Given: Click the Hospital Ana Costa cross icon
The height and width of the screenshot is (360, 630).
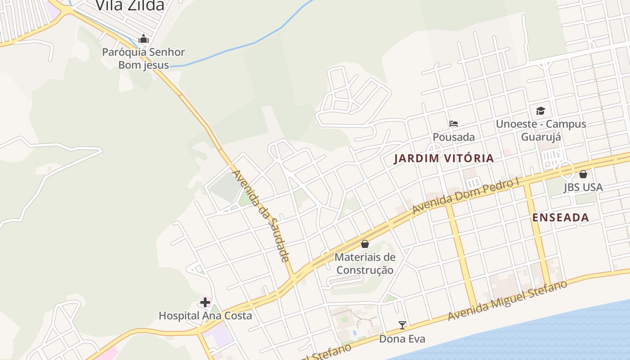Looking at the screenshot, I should (205, 302).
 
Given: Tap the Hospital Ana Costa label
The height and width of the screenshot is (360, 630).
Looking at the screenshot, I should (205, 316).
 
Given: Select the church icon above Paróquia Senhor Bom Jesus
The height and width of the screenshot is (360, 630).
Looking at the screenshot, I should (144, 39).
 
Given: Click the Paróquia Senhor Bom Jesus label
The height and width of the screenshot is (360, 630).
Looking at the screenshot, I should (144, 58).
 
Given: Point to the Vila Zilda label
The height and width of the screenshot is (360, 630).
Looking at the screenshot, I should (130, 6).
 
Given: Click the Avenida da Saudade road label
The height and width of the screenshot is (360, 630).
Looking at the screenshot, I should (261, 216).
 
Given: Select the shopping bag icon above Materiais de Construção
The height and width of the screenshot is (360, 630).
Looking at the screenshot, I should (365, 244).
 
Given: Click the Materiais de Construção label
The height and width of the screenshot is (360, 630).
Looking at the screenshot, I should (365, 264).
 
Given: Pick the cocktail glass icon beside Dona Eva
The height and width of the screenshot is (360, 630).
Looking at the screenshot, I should (402, 325).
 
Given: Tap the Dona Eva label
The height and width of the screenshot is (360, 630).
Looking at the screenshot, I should (402, 339).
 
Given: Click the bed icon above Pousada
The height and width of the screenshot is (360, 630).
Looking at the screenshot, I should (453, 124).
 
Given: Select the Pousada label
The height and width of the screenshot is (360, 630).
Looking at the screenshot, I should (454, 137).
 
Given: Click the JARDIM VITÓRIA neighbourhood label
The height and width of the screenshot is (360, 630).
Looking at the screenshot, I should (444, 158).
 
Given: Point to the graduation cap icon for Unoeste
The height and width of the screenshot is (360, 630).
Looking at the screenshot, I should (540, 111).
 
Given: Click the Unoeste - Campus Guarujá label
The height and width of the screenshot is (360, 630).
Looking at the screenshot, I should (541, 130).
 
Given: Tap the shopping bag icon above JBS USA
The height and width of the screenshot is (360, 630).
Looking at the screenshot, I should (583, 174).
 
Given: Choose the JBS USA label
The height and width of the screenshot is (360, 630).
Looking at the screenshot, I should (583, 187).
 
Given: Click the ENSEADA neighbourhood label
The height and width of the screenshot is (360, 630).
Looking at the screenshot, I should (560, 218).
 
